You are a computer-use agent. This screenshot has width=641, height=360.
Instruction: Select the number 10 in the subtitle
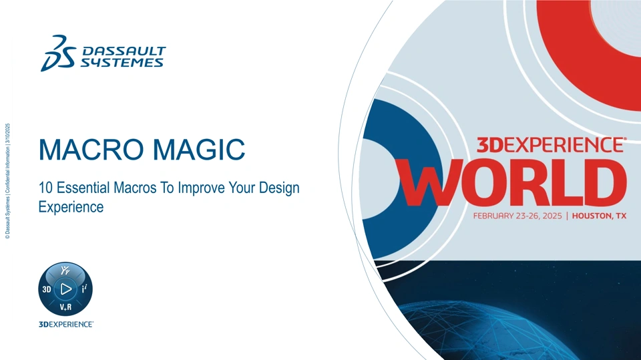click(x=45, y=188)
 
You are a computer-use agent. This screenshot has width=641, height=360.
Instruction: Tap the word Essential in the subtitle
click(x=83, y=188)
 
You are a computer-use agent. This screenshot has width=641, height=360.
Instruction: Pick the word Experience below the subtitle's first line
click(x=71, y=208)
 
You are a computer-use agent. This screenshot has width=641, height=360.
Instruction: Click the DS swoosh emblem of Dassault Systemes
click(x=59, y=53)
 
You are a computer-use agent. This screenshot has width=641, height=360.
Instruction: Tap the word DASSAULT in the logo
click(x=124, y=51)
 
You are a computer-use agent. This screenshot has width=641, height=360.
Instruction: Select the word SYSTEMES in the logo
click(x=122, y=63)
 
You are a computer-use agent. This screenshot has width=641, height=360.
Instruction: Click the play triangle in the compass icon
click(x=66, y=289)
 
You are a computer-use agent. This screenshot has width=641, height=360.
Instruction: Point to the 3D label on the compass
click(x=47, y=290)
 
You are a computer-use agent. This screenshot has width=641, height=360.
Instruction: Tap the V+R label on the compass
click(x=65, y=307)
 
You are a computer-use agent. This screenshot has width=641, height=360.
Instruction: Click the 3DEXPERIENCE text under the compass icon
click(x=66, y=325)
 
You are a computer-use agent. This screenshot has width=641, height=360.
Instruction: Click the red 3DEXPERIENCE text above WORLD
click(x=552, y=145)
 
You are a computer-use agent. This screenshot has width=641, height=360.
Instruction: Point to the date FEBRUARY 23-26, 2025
click(x=517, y=216)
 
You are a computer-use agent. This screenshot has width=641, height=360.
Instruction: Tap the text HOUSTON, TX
click(x=599, y=216)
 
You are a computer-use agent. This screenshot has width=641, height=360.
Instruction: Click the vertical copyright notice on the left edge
click(x=7, y=181)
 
